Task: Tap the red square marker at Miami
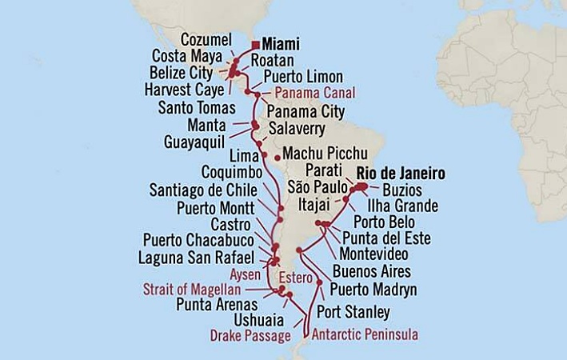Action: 255,46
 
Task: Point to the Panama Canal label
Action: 308,94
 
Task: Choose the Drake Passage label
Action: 250,335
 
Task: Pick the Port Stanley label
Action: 353,311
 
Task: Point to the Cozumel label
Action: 206,39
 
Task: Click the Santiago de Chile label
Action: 203,190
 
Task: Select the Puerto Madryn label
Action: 369,290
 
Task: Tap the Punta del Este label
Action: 386,238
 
